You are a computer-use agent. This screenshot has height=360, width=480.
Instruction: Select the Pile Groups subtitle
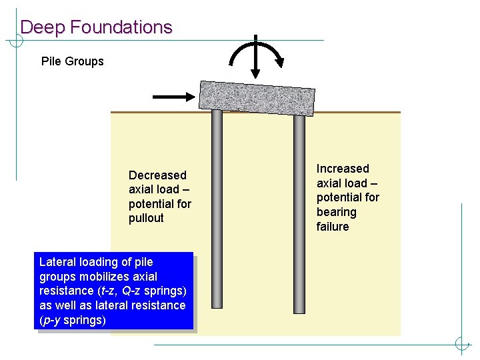[73, 61]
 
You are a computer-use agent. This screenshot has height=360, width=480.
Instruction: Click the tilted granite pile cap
[257, 97]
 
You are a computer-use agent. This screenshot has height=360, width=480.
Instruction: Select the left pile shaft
[217, 207]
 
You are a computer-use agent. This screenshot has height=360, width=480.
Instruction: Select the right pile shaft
[299, 213]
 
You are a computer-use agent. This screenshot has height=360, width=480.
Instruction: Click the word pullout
[146, 218]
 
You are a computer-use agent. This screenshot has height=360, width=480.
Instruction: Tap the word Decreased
[157, 175]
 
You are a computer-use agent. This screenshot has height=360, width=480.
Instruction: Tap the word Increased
[343, 169]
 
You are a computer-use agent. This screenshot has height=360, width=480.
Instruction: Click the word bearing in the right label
[337, 212]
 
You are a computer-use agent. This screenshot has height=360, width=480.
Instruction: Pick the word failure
[333, 227]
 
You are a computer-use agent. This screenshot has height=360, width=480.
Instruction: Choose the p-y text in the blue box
[51, 320]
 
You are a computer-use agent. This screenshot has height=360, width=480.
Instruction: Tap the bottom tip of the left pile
[217, 307]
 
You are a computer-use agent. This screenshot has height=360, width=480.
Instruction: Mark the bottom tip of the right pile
[299, 311]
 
